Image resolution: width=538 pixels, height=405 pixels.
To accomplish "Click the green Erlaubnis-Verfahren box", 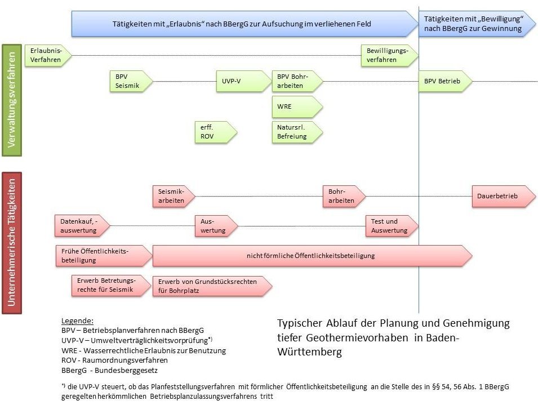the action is pyautogui.click(x=48, y=55).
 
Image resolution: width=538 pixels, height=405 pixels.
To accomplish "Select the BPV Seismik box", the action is pyautogui.click(x=131, y=81).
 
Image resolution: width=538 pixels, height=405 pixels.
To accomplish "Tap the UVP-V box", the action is pyautogui.click(x=243, y=81).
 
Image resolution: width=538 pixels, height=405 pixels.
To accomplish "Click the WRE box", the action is pyautogui.click(x=297, y=106).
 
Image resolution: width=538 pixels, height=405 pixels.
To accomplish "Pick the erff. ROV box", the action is pyautogui.click(x=216, y=132).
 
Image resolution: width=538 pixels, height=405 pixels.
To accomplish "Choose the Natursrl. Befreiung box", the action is pyautogui.click(x=297, y=132).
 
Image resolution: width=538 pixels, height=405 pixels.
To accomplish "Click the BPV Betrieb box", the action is pyautogui.click(x=446, y=81).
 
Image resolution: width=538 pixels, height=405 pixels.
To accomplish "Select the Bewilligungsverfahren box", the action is pyautogui.click(x=389, y=55).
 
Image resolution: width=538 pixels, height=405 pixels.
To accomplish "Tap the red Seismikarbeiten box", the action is pyautogui.click(x=174, y=196).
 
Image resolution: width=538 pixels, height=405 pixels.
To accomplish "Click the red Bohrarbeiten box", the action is pyautogui.click(x=344, y=196).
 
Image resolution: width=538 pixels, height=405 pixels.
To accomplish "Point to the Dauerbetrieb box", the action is pyautogui.click(x=504, y=196).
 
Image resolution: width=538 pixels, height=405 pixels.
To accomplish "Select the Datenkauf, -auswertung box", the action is pyautogui.click(x=82, y=226).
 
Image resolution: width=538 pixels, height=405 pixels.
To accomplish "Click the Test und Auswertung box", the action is pyautogui.click(x=392, y=226).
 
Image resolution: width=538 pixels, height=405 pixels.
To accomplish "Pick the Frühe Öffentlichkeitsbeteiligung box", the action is pyautogui.click(x=104, y=256).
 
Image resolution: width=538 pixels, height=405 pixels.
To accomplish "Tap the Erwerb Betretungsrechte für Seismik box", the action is pyautogui.click(x=112, y=286).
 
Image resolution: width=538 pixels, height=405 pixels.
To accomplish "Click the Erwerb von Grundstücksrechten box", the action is pyautogui.click(x=212, y=286).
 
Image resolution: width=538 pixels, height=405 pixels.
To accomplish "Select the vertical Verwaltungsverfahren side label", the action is pyautogui.click(x=12, y=100).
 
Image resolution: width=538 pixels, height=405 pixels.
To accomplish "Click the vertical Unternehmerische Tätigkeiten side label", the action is pyautogui.click(x=12, y=243).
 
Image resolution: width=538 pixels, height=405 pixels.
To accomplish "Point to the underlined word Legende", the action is pyautogui.click(x=77, y=321).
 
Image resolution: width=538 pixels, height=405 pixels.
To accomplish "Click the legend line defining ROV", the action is pyautogui.click(x=114, y=361).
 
